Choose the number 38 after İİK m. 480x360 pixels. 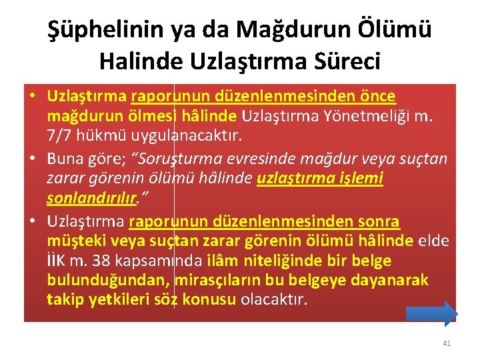(101, 261)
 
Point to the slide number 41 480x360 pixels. (447, 343)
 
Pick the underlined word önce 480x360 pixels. (377, 97)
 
